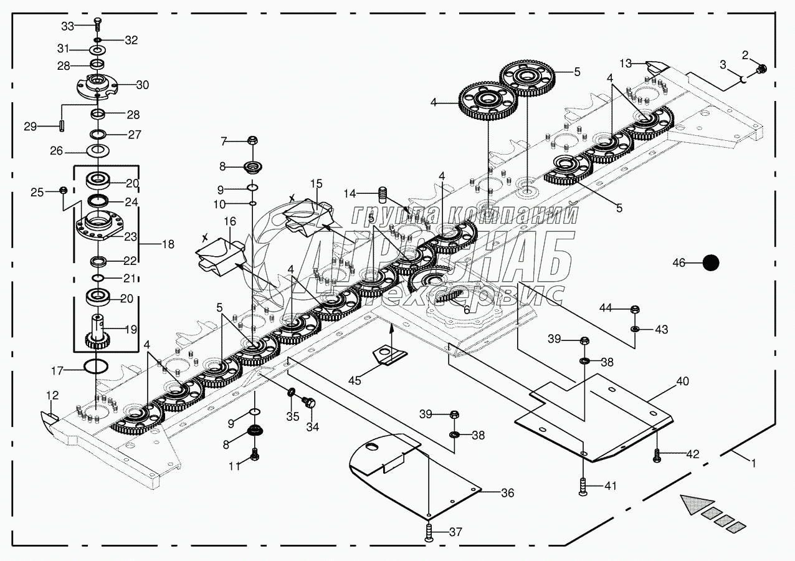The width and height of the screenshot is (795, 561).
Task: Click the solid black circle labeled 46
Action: coord(710,263)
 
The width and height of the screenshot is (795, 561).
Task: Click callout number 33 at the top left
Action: coord(67,26)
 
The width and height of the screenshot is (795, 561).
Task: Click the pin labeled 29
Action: coord(64,125)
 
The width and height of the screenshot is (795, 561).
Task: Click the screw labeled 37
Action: coord(429,532)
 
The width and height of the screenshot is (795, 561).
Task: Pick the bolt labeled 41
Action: coord(582,486)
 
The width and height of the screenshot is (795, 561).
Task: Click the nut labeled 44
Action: coord(634,309)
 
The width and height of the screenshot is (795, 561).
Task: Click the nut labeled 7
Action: coord(253,141)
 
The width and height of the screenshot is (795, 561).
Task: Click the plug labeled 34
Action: coord(307,404)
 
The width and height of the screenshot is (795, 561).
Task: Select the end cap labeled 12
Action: coord(48,416)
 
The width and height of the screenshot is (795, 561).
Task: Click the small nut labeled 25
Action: coord(62,189)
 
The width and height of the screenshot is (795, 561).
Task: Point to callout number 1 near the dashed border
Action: coord(753,463)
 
